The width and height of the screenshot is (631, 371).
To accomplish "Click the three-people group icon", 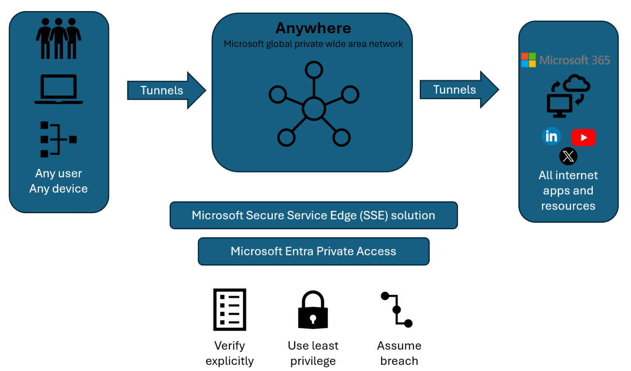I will coord(58,39).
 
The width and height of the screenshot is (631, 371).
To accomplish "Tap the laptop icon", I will coord(58,89).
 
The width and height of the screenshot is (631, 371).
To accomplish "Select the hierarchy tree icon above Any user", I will coord(58,139).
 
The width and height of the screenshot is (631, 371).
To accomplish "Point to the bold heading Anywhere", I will coord(313,28).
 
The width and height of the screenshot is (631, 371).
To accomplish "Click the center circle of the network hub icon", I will coord(314,109).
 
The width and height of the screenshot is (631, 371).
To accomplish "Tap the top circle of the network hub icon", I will coord(314,70).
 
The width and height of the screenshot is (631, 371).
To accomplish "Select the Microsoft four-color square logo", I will coord(528,60).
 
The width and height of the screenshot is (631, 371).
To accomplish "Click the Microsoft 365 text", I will coord(574,60).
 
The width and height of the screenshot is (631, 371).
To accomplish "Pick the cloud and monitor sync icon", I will coord(568,96).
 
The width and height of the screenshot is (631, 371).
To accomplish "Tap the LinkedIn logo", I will coord(551,136).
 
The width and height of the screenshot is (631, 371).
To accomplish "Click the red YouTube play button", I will coord(583,138).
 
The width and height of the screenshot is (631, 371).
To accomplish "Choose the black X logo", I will coord(568,156).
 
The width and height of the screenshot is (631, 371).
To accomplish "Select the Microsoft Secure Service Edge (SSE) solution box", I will coord(313,215).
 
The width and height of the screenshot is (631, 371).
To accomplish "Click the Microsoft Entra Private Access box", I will coord(313,251).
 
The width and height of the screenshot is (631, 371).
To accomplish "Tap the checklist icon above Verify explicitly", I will coord(230,309).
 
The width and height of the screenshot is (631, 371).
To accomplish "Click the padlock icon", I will coord(313,310).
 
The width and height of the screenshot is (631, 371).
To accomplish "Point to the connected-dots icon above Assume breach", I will coord(397,310).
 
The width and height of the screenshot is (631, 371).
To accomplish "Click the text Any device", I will coord(58,189).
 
